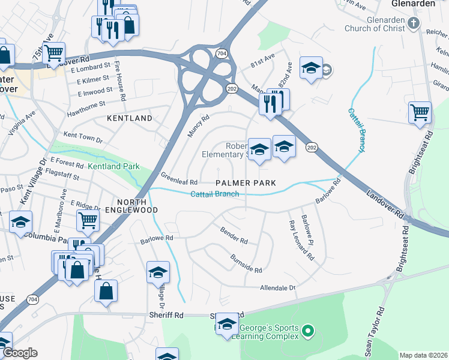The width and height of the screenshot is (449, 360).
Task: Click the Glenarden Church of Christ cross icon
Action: point(413,23)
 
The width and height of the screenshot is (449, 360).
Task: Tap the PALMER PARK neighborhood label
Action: point(246,182)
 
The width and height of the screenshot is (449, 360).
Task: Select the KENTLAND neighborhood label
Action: point(130,118)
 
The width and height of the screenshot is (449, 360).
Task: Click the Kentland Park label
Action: point(113,166)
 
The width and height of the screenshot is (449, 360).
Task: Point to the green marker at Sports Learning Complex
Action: point(307,331)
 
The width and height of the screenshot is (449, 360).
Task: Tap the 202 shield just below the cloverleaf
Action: point(231,88)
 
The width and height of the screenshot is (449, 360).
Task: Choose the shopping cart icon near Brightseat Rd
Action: point(420,112)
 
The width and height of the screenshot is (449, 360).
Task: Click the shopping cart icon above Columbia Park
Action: point(88,220)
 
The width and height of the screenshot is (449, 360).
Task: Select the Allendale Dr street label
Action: point(278,288)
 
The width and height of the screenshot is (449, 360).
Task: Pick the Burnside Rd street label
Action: point(246,263)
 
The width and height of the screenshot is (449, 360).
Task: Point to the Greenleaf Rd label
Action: point(179,179)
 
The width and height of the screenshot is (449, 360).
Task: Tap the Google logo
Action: point(20,353)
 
